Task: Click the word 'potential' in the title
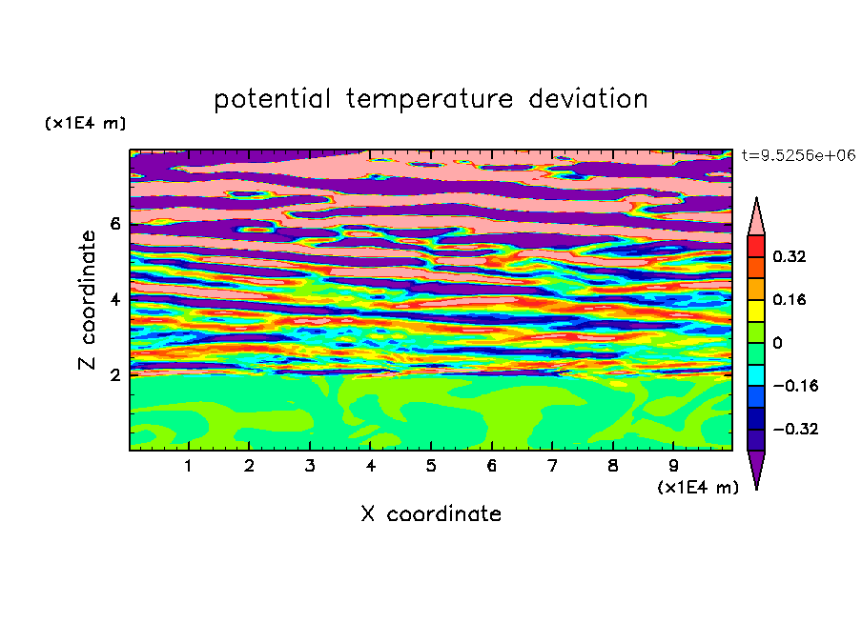click(x=272, y=100)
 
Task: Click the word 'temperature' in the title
click(x=429, y=100)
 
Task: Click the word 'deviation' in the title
click(x=587, y=99)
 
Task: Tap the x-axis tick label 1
click(x=188, y=466)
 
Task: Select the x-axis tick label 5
click(x=431, y=466)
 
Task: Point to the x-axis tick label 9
click(x=673, y=466)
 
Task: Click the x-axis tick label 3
click(x=310, y=466)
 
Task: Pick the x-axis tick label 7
click(x=552, y=466)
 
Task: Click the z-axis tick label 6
click(x=114, y=224)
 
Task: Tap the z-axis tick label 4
click(x=114, y=299)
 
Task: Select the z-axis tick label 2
click(x=114, y=374)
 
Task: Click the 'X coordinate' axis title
click(x=431, y=513)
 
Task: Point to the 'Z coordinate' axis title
click(x=87, y=299)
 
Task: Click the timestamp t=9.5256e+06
click(x=798, y=155)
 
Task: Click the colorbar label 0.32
click(x=789, y=256)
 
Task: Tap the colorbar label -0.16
click(x=795, y=386)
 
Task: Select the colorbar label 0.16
click(x=789, y=299)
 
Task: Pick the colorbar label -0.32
click(x=795, y=429)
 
